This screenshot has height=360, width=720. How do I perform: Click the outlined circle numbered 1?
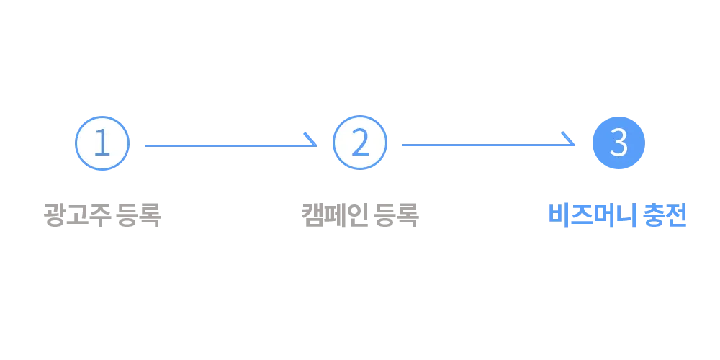[102, 143]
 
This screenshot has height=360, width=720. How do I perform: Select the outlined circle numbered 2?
[359, 143]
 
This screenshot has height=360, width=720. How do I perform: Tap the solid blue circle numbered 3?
[618, 143]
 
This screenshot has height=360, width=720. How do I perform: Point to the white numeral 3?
[618, 143]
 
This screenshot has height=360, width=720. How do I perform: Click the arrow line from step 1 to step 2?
[223, 146]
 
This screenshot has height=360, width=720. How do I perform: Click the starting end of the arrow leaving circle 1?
[147, 146]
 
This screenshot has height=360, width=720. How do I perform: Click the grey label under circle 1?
[101, 215]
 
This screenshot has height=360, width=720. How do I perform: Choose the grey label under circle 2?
[359, 215]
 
